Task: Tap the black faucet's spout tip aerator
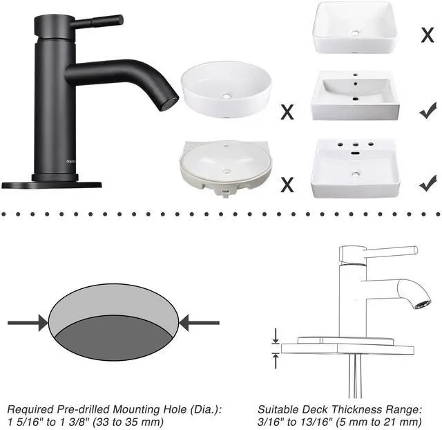pyautogui.click(x=167, y=104)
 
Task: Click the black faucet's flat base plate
pyautogui.click(x=52, y=184)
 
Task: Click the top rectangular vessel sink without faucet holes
pyautogui.click(x=355, y=30)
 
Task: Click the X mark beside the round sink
pyautogui.click(x=287, y=111)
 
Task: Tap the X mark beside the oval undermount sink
pyautogui.click(x=287, y=185)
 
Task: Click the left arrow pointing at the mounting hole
pyautogui.click(x=28, y=322)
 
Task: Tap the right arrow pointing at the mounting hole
pyautogui.click(x=200, y=322)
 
